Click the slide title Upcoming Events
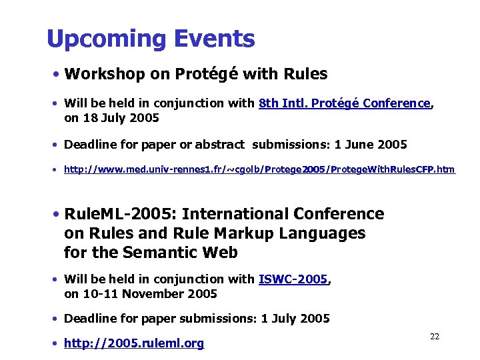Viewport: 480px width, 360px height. (151, 39)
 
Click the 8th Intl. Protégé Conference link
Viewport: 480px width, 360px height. (345, 103)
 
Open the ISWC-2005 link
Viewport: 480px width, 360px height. (293, 279)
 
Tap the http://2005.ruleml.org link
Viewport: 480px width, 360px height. (134, 343)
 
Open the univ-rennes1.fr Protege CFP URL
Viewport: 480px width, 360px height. (259, 169)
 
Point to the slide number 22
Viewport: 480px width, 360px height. (435, 337)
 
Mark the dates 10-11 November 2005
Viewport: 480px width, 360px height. (149, 293)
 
